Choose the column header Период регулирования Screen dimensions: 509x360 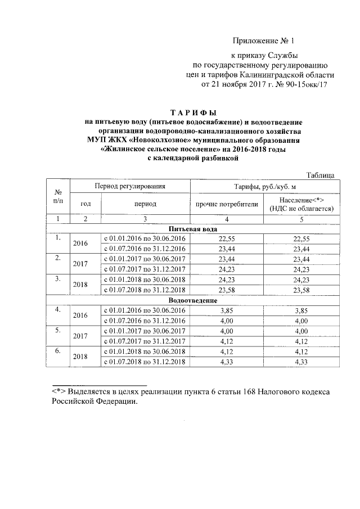[x=130, y=185]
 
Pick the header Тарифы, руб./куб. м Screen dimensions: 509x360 [x=264, y=185]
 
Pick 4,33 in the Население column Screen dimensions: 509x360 [x=302, y=361]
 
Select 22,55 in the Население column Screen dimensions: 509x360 [x=302, y=238]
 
